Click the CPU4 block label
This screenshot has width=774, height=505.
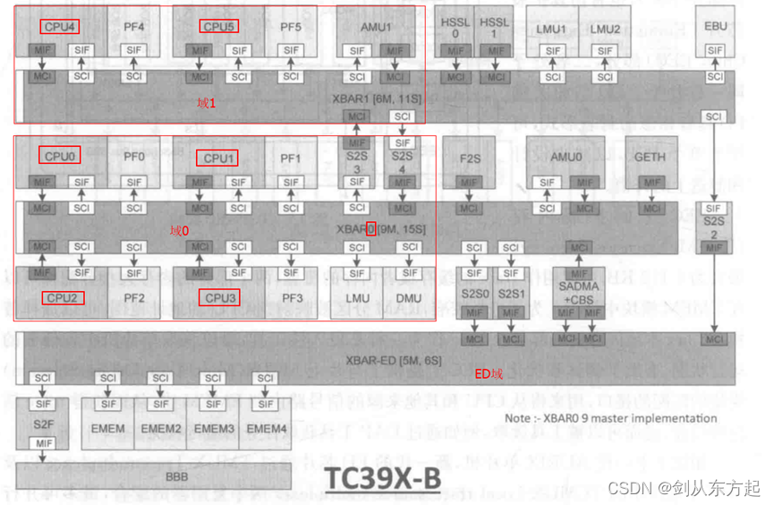coord(60,27)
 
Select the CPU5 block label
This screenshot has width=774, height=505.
coord(218,27)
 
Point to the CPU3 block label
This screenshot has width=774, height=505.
coord(218,297)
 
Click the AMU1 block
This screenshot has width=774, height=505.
coord(376,27)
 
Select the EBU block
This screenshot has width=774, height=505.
coord(716,26)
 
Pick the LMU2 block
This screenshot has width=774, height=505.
coord(605,29)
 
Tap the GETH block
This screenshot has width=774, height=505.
coord(649,157)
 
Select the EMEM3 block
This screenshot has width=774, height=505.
coord(214,429)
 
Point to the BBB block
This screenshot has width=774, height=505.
coord(176,476)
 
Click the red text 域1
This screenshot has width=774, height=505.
coord(207,104)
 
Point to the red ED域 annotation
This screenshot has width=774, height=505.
coord(489,374)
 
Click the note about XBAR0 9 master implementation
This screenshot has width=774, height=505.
coord(610,417)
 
